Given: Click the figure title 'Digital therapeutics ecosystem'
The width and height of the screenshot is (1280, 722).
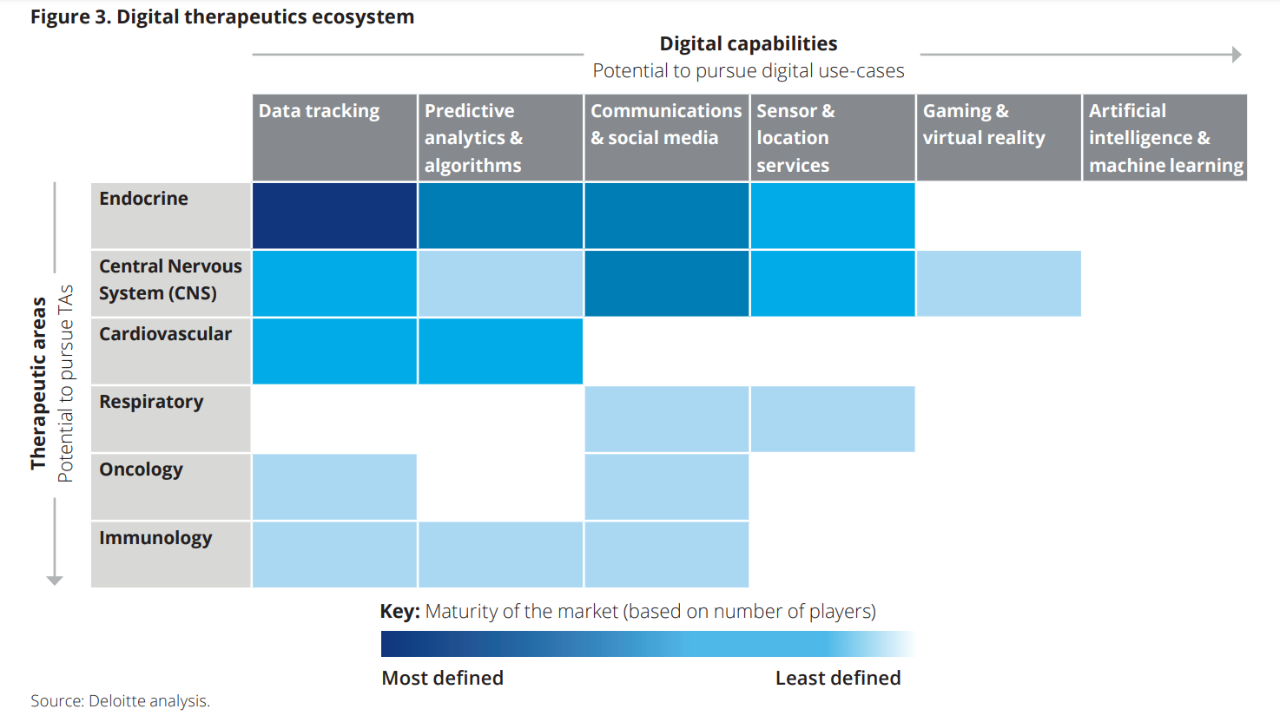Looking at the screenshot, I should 222,16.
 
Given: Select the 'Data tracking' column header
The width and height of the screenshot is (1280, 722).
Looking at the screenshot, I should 319,111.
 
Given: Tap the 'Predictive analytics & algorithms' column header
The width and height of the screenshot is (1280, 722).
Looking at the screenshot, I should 474,138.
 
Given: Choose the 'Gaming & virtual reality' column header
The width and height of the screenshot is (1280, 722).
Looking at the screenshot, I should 984,124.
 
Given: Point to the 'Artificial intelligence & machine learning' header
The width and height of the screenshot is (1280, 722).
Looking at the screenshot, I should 1165,138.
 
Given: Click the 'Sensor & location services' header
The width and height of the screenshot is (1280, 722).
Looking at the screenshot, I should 794,138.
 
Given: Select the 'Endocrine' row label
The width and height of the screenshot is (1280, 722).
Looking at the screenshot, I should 144,199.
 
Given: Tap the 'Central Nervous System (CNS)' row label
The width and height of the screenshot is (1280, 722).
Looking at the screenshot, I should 170,279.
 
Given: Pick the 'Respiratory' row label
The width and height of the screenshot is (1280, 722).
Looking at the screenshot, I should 151,402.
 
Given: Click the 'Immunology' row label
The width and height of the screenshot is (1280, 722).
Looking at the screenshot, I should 155,538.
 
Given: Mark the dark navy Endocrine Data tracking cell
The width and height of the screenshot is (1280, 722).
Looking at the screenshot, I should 334,215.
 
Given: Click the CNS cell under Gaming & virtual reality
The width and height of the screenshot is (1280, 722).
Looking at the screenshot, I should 999,284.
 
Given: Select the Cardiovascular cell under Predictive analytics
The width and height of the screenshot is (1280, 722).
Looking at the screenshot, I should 500,351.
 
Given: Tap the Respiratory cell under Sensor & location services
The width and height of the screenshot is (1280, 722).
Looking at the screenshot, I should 832,419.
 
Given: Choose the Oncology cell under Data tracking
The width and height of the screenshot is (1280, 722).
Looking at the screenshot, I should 334,487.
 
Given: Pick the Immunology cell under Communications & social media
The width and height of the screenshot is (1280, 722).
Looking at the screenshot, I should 666,555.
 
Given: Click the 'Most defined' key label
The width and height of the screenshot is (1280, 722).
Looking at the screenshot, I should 442,678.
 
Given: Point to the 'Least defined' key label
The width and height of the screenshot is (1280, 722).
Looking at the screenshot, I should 837,678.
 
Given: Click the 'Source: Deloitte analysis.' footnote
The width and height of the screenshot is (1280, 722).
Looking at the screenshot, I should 121,701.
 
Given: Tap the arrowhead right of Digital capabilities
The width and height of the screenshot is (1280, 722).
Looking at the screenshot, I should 1237,55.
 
